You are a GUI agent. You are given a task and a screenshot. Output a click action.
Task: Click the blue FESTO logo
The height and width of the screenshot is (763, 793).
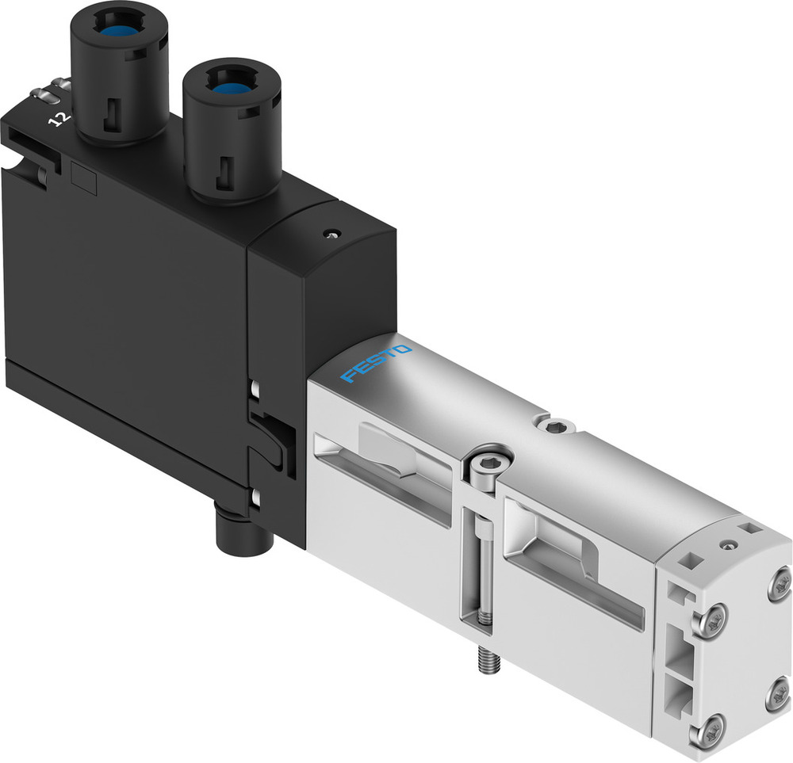pyautogui.click(x=376, y=364)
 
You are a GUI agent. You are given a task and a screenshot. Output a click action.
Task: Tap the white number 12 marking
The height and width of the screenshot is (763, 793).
pyautogui.click(x=57, y=120)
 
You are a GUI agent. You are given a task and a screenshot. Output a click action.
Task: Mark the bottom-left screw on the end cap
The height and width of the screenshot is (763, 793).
pyautogui.click(x=714, y=726)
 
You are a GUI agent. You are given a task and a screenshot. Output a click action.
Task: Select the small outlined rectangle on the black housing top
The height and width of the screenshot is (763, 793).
pyautogui.click(x=84, y=179)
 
